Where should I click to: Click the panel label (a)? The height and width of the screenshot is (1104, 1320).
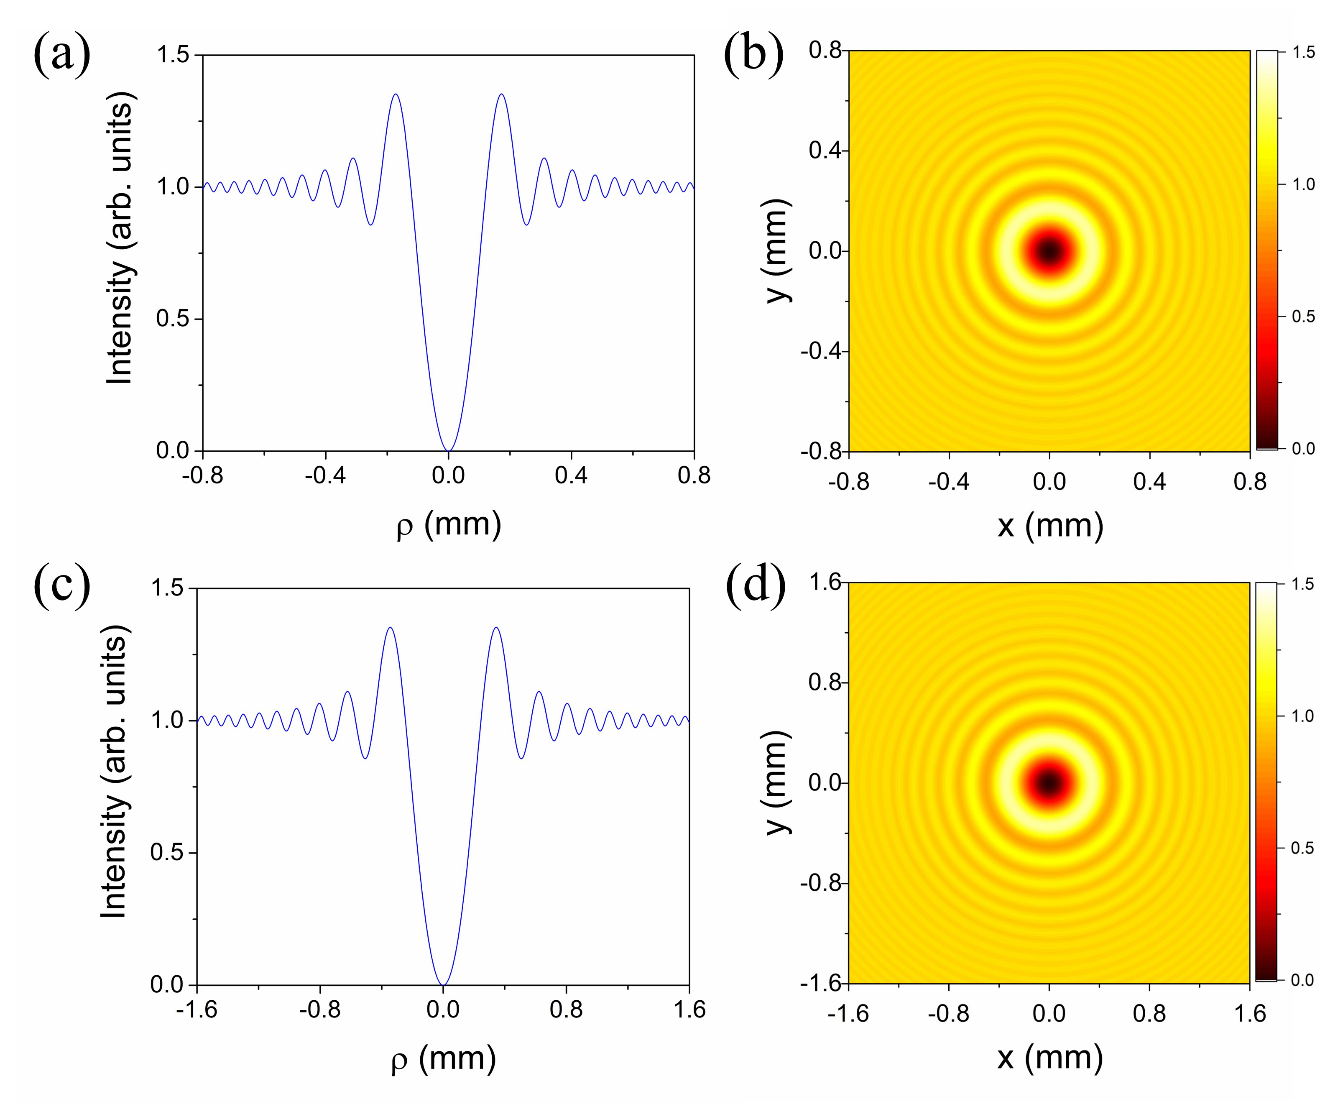[x=61, y=55]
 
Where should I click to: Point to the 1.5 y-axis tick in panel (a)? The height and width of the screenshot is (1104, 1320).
[x=173, y=55]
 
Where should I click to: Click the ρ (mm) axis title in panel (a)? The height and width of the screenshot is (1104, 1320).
[x=449, y=525]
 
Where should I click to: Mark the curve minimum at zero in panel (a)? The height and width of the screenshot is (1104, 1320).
[x=448, y=450]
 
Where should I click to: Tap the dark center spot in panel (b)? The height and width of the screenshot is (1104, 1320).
[x=1049, y=251]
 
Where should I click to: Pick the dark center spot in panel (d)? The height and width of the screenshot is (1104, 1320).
[x=1049, y=783]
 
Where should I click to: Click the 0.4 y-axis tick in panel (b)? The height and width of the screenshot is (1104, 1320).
[x=825, y=151]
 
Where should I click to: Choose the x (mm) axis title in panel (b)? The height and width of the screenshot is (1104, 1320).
[x=1050, y=525]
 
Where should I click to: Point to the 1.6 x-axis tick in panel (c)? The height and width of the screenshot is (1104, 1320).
[x=689, y=1009]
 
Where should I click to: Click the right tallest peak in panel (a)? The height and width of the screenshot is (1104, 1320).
[x=501, y=95]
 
